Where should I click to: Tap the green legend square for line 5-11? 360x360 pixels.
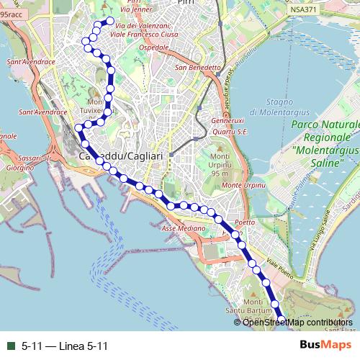[x=10, y=346]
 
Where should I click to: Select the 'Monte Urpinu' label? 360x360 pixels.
[x=241, y=185]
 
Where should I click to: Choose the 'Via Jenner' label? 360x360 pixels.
[x=135, y=10]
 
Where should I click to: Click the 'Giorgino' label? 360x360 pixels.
[x=12, y=166]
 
